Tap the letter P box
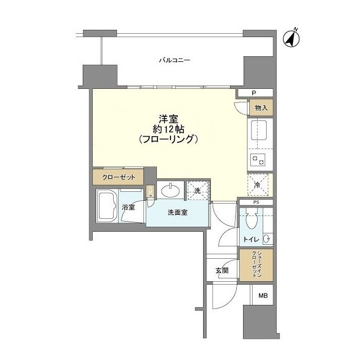[254, 93]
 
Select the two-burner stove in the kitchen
[260, 160]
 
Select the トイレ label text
[250, 240]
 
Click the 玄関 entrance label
[222, 271]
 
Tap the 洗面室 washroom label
[177, 213]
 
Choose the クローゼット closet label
[119, 177]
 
